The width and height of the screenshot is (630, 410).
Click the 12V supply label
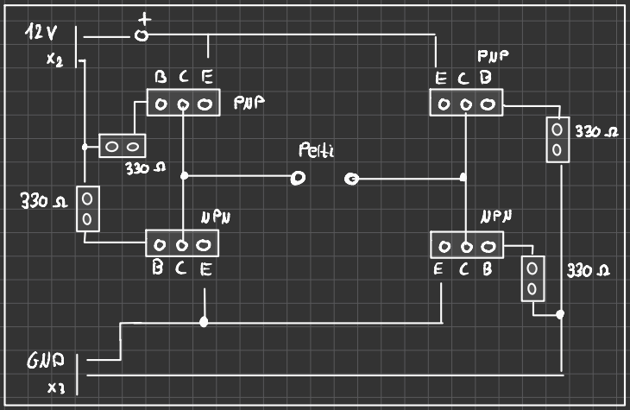(x=41, y=34)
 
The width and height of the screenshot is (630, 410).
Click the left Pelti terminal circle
(x=298, y=179)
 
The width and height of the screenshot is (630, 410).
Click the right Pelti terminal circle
(x=351, y=179)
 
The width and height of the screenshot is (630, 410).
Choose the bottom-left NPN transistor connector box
(x=182, y=243)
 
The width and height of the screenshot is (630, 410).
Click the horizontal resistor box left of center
(x=122, y=146)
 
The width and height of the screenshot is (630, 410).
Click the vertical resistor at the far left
(x=87, y=209)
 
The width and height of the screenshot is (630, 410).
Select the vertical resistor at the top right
(x=558, y=140)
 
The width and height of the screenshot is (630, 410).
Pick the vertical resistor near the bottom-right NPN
(x=533, y=277)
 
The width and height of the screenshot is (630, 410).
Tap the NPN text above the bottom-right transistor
(x=495, y=215)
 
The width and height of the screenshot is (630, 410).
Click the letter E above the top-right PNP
(x=441, y=79)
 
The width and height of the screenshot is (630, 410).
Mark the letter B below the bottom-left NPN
(x=159, y=268)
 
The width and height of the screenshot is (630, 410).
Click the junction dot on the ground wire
(x=204, y=322)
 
